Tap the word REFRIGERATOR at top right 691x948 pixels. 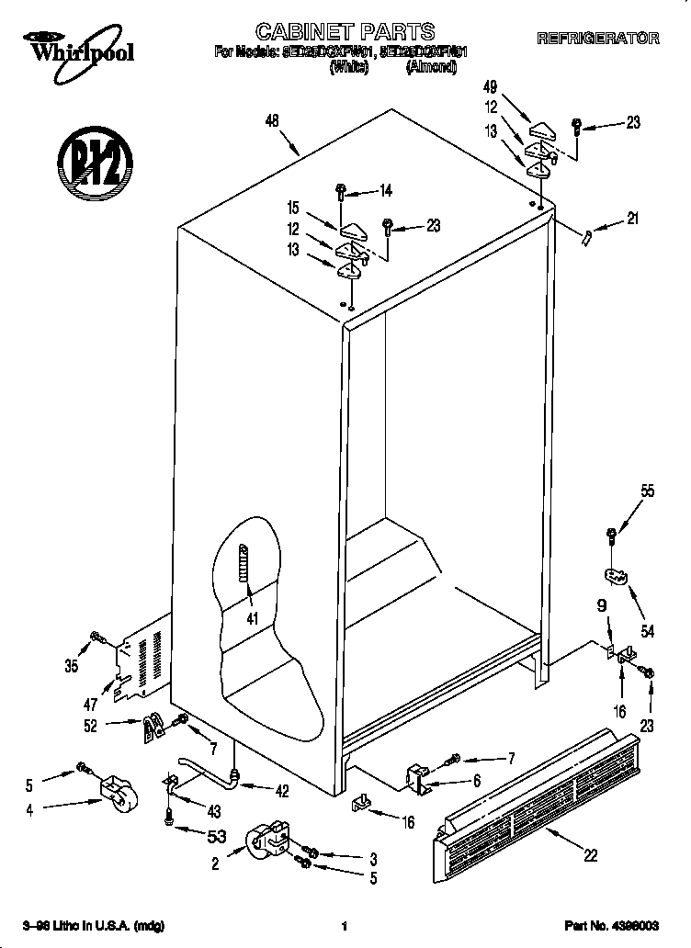[597, 39]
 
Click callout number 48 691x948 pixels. [271, 119]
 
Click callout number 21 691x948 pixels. [631, 219]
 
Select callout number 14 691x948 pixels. [386, 191]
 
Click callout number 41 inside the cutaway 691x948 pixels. [251, 619]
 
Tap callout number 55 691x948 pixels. [647, 492]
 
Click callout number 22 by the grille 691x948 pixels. [590, 855]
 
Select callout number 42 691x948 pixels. [281, 789]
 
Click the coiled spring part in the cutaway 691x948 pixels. [245, 575]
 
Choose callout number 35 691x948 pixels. [71, 666]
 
